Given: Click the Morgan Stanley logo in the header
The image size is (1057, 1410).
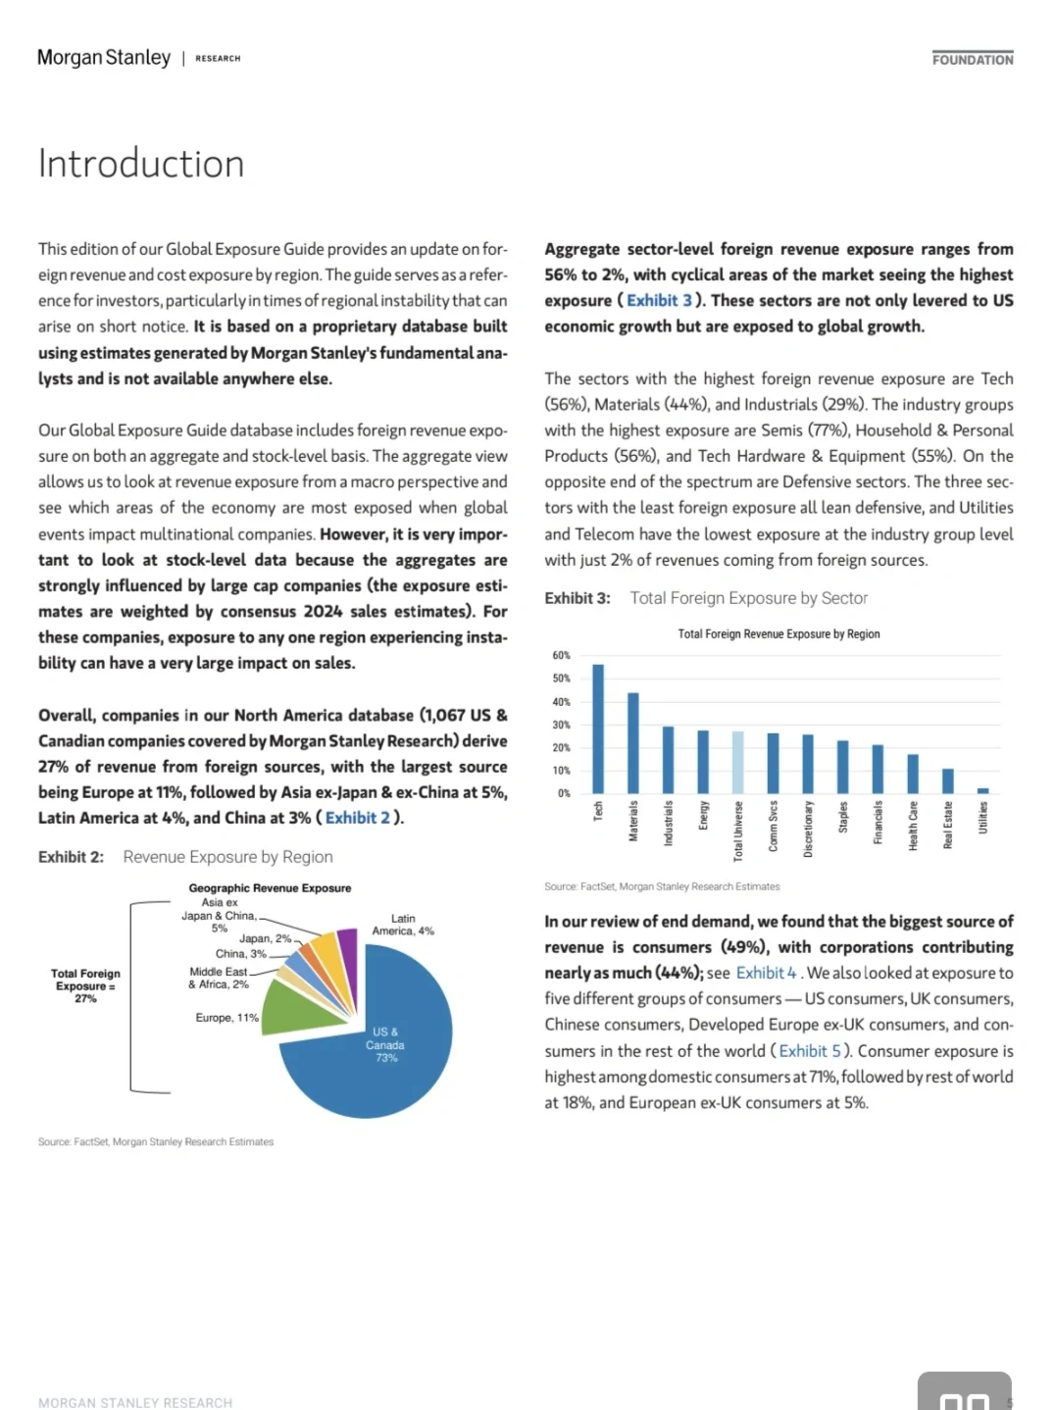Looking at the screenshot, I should pyautogui.click(x=104, y=58).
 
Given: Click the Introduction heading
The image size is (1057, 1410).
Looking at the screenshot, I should pyautogui.click(x=141, y=164).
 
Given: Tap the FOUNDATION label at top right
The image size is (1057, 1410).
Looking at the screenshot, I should pyautogui.click(x=973, y=60).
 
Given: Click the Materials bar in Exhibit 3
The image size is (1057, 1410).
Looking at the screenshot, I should pyautogui.click(x=633, y=743).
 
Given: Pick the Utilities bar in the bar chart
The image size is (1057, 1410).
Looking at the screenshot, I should pyautogui.click(x=983, y=790).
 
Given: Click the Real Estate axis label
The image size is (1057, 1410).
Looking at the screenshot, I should pyautogui.click(x=948, y=826).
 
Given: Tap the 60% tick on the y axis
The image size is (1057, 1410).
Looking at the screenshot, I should pyautogui.click(x=561, y=655).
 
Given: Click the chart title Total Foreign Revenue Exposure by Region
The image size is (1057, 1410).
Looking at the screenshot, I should pyautogui.click(x=779, y=634).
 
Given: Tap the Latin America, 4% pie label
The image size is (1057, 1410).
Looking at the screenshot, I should pyautogui.click(x=403, y=925).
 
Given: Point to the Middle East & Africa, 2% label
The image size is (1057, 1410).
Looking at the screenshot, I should pyautogui.click(x=219, y=978).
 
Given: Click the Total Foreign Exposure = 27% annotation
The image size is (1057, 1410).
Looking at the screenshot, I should pyautogui.click(x=86, y=985).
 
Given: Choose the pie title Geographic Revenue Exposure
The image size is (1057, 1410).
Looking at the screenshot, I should pyautogui.click(x=270, y=888).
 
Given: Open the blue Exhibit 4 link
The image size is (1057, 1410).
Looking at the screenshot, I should pyautogui.click(x=766, y=973).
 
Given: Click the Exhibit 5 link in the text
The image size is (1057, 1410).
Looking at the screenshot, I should pyautogui.click(x=810, y=1050).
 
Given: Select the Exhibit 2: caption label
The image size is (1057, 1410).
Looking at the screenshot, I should pyautogui.click(x=71, y=857).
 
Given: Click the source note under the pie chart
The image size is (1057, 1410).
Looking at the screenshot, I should pyautogui.click(x=156, y=1141).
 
